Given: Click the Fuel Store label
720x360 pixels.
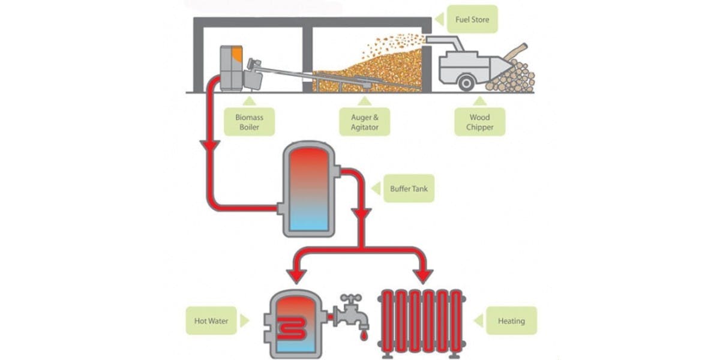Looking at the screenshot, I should tap(472, 20).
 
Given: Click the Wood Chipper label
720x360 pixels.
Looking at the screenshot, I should tap(479, 122).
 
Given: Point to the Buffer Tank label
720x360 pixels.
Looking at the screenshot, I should tap(408, 188).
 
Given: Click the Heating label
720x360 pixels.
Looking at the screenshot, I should tap(511, 321).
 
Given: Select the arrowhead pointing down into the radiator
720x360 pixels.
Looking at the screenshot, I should tap(424, 275).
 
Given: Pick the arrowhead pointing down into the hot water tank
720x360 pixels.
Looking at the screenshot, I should tap(295, 275).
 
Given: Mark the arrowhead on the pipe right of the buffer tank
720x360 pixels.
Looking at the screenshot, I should tap(361, 214).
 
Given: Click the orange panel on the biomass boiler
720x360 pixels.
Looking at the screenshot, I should tap(237, 56).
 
